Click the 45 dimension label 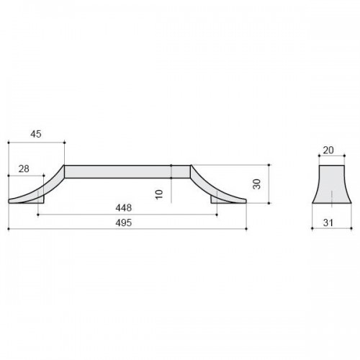[x=36, y=134]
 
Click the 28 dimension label [x=24, y=169]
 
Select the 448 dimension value [x=124, y=208]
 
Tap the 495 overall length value [x=124, y=223]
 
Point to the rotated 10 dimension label [x=159, y=194]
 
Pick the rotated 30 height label [x=257, y=184]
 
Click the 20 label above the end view [x=328, y=150]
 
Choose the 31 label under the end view [x=328, y=223]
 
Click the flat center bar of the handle [x=127, y=171]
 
